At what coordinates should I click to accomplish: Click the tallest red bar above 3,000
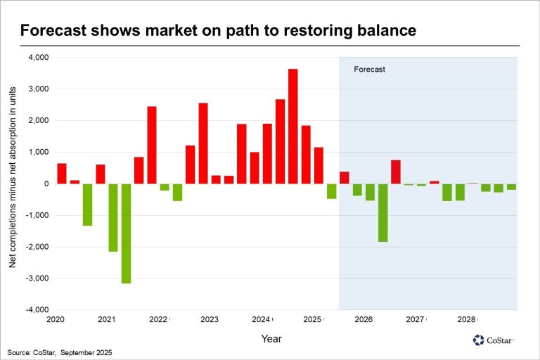(293, 127)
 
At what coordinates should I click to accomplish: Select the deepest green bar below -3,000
(126, 233)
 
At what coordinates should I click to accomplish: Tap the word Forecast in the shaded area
(370, 70)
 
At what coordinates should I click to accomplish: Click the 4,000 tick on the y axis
(38, 58)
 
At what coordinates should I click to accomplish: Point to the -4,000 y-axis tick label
(37, 310)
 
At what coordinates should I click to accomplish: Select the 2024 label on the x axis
(261, 320)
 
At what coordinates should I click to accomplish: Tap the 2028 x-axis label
(466, 320)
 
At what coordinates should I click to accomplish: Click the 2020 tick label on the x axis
(56, 320)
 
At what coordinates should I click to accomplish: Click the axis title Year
(272, 339)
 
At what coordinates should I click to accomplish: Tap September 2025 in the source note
(86, 352)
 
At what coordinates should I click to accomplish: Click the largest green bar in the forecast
(382, 212)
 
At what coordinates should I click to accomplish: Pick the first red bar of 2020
(62, 174)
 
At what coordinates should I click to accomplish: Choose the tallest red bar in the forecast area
(396, 172)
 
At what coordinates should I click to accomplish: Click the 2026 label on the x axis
(364, 320)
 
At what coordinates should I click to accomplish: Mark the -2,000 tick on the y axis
(37, 247)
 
